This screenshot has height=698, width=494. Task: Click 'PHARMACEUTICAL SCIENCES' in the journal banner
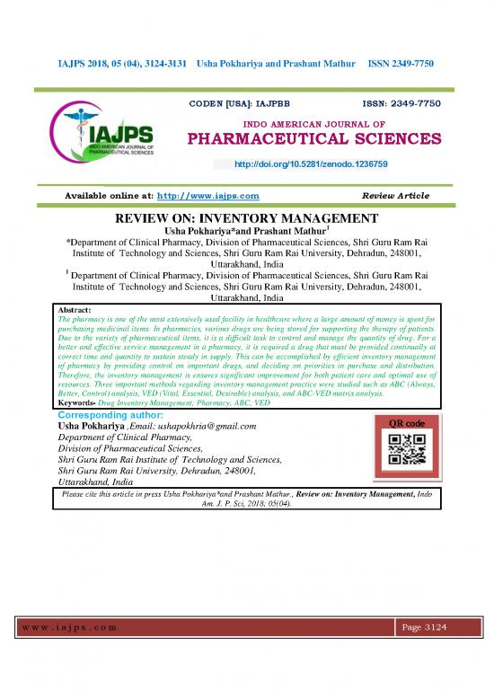[x=313, y=140]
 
